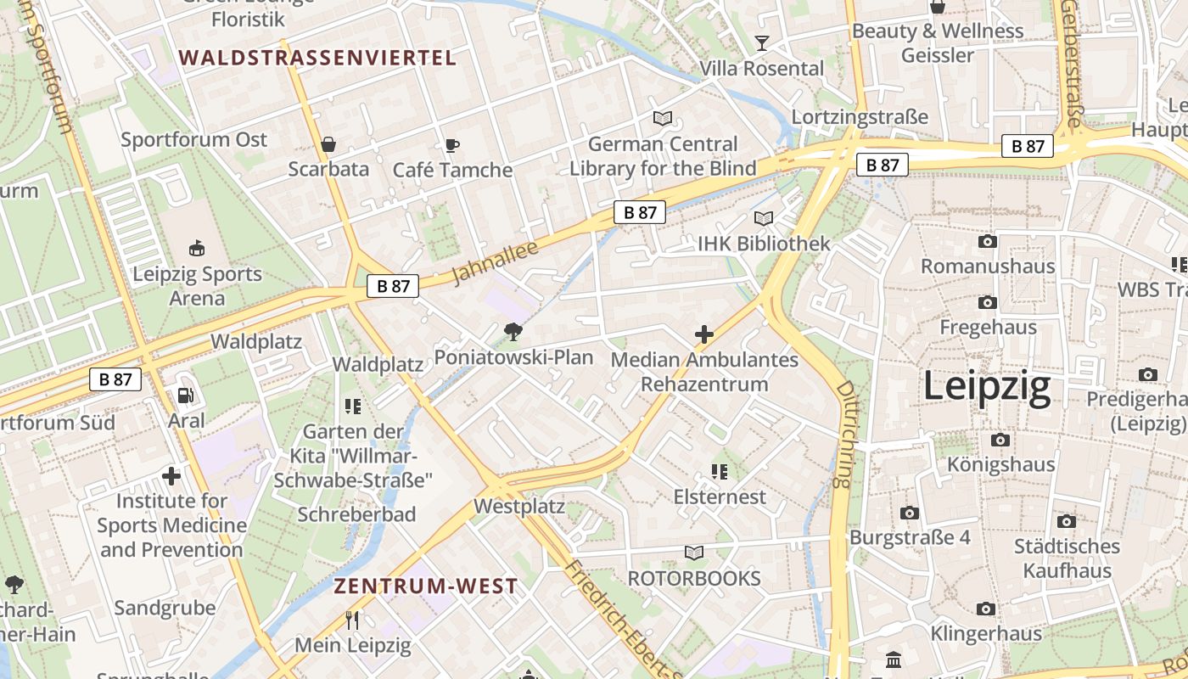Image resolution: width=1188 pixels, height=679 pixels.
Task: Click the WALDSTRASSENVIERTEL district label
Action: pyautogui.click(x=318, y=58)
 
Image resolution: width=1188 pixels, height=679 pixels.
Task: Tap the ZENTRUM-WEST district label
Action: pyautogui.click(x=425, y=586)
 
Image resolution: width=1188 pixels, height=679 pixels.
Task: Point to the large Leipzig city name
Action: pyautogui.click(x=987, y=386)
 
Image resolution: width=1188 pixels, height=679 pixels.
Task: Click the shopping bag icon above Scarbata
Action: pyautogui.click(x=328, y=145)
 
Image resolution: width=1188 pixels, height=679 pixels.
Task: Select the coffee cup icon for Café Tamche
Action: pyautogui.click(x=452, y=146)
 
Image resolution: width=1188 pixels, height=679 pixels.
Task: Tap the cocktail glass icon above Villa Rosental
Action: pyautogui.click(x=761, y=43)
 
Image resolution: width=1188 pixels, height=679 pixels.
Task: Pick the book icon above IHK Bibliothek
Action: pyautogui.click(x=764, y=219)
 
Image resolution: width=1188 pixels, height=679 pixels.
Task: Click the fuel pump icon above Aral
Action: pyautogui.click(x=185, y=396)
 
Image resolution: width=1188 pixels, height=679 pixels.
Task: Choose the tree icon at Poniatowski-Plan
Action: pyautogui.click(x=513, y=332)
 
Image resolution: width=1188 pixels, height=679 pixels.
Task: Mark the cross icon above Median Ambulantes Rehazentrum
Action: pyautogui.click(x=703, y=334)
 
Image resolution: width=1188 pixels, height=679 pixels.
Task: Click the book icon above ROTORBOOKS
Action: pyautogui.click(x=694, y=553)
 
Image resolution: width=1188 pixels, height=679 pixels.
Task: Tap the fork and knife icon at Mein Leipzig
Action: pyautogui.click(x=353, y=620)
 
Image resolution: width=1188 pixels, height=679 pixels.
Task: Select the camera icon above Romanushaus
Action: pyautogui.click(x=988, y=242)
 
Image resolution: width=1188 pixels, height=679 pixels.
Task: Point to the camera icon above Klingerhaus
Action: pyautogui.click(x=985, y=609)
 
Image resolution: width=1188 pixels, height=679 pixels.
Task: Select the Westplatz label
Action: pyautogui.click(x=519, y=507)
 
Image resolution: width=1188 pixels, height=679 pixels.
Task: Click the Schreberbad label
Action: pyautogui.click(x=356, y=514)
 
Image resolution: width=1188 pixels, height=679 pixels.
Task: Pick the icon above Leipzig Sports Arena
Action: pyautogui.click(x=197, y=248)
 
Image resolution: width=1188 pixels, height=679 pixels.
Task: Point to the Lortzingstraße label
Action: pyautogui.click(x=860, y=116)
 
